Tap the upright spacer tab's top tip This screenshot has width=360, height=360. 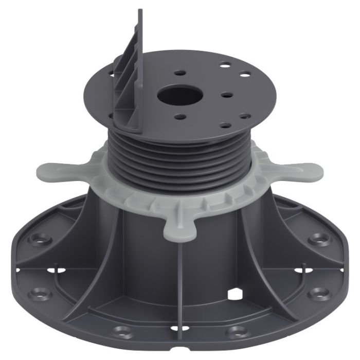coord(140,11)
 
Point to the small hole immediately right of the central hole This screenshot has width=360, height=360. coord(226,95)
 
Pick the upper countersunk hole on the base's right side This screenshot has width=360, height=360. coord(320,239)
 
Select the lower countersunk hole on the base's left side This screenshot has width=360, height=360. coord(39,294)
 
